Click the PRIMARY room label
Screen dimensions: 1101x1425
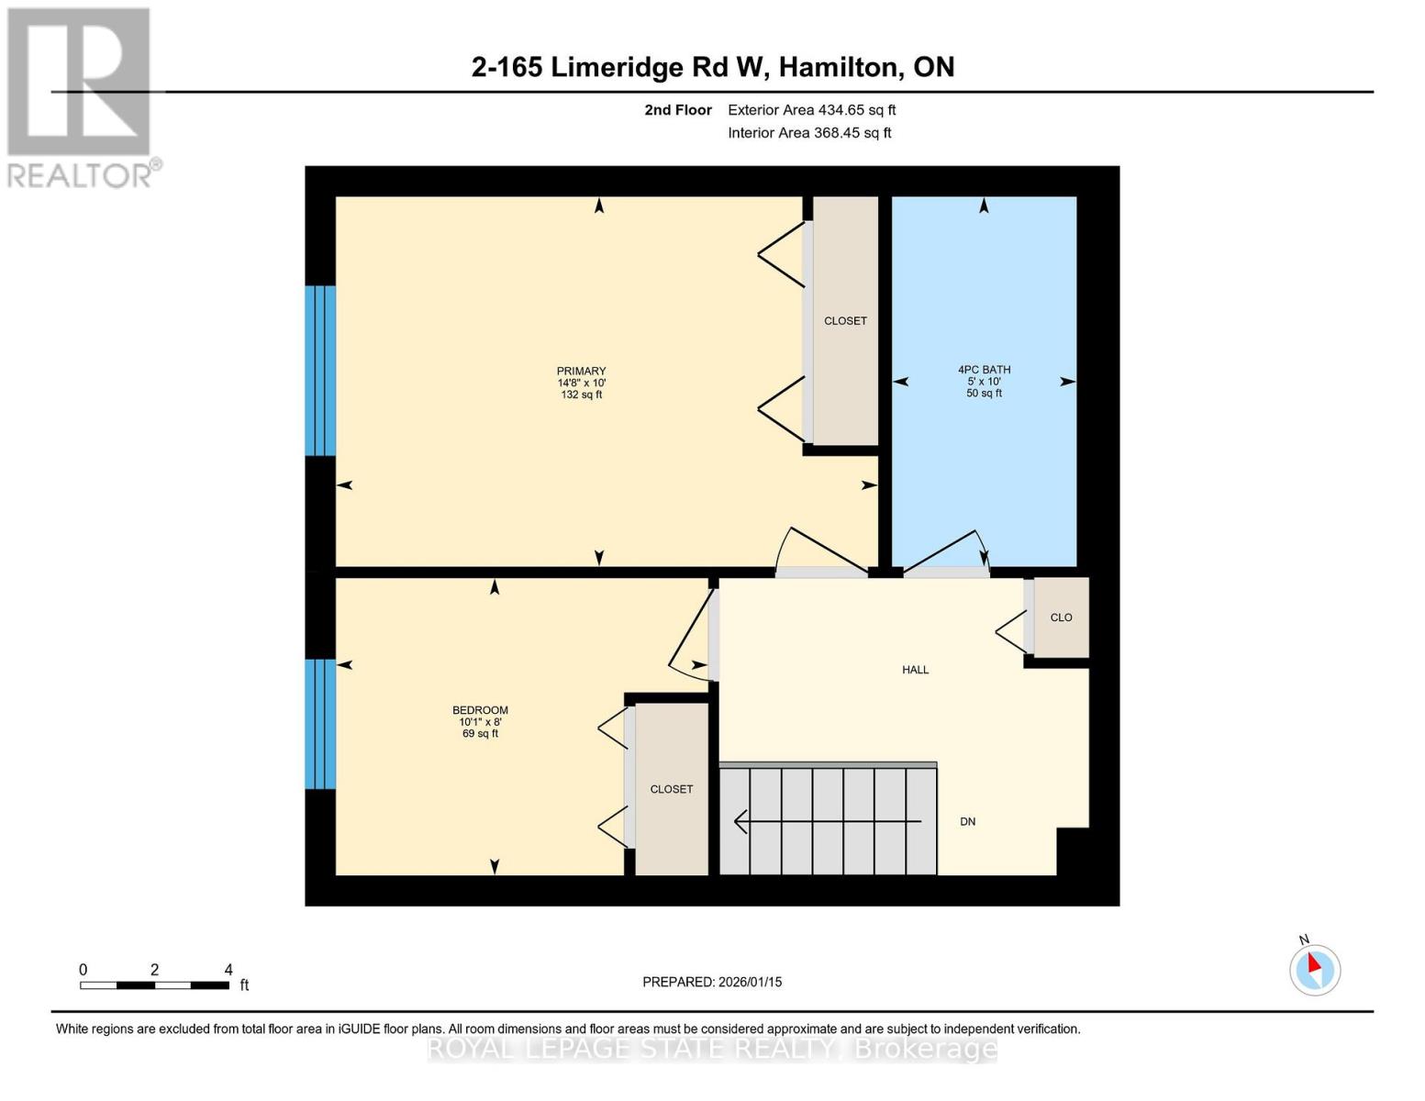[x=581, y=372]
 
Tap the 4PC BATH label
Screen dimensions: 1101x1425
[x=984, y=370]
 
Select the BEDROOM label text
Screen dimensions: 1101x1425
[x=480, y=710]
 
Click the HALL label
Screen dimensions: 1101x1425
[x=915, y=670]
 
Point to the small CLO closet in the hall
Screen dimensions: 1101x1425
[x=1061, y=617]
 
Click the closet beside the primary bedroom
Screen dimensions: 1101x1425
[x=845, y=321]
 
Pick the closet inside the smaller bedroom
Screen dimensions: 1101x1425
[x=671, y=789]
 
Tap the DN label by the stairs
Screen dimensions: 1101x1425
[x=967, y=821]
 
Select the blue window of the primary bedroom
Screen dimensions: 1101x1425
[x=320, y=371]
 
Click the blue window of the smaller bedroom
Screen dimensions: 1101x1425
[x=320, y=724]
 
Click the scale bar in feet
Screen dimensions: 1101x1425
[x=154, y=985]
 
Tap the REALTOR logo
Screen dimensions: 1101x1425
[x=81, y=97]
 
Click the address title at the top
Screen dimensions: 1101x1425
[x=713, y=67]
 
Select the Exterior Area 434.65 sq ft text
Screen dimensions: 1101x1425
[x=811, y=110]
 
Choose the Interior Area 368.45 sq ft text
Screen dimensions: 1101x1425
[x=809, y=133]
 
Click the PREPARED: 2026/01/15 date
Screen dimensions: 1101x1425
[x=712, y=982]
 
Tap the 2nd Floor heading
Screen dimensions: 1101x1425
[x=678, y=110]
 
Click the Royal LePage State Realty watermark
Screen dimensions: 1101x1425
[x=712, y=1049]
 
